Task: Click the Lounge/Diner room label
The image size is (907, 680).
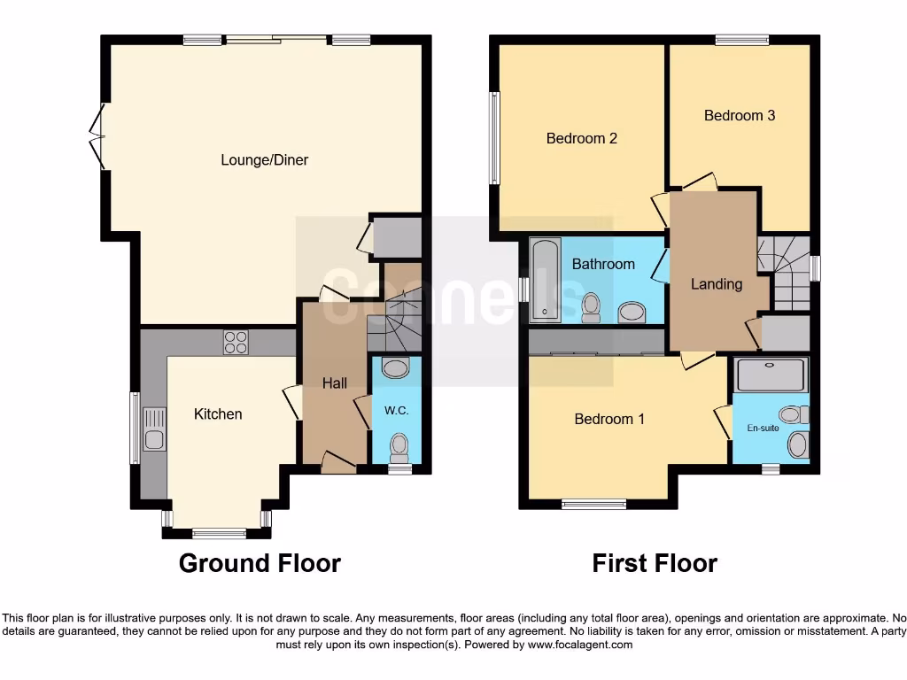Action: tap(264, 160)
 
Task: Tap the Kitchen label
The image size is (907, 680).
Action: tap(218, 413)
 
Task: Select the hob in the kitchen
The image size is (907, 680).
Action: tap(236, 342)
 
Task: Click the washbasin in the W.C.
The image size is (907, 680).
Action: tap(395, 367)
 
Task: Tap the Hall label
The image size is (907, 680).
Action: tap(334, 382)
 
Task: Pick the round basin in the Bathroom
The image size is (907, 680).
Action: tap(632, 311)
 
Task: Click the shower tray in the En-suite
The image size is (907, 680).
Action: tap(771, 375)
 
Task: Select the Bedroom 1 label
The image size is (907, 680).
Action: tap(609, 419)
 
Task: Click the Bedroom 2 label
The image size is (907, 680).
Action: tap(581, 138)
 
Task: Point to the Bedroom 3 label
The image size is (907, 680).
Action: tap(740, 115)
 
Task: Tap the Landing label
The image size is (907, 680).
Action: tap(716, 284)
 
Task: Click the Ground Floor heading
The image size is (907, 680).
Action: tap(260, 563)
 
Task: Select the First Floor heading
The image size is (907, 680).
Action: tap(655, 563)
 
